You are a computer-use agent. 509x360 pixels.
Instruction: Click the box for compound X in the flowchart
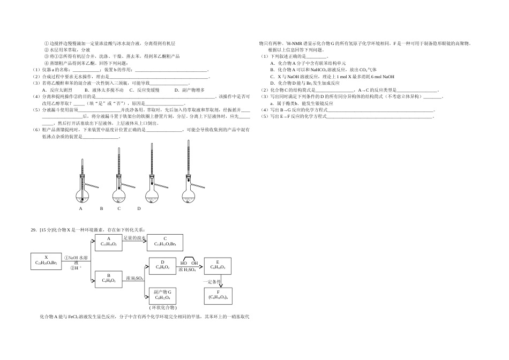[x=47, y=260]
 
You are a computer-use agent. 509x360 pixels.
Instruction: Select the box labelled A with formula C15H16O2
[x=109, y=242]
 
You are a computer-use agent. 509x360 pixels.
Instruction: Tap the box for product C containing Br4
[x=165, y=242]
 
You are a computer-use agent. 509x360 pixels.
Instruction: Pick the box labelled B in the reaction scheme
[x=109, y=278]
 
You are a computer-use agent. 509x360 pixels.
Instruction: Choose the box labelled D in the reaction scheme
[x=162, y=264]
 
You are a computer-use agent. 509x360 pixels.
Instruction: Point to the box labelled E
[x=218, y=264]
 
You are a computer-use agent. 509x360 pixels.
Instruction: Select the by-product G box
[x=162, y=295]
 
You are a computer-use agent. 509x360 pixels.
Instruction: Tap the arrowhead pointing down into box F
[x=218, y=285]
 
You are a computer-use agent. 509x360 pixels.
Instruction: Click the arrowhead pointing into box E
[x=202, y=264]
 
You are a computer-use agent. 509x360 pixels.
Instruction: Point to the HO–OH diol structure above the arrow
[x=189, y=261]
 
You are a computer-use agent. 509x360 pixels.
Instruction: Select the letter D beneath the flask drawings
[x=139, y=208]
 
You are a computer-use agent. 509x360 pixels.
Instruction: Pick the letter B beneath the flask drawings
[x=101, y=208]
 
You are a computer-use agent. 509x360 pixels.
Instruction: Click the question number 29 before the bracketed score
[x=34, y=230]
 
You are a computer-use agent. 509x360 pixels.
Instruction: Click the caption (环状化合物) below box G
[x=162, y=307]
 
